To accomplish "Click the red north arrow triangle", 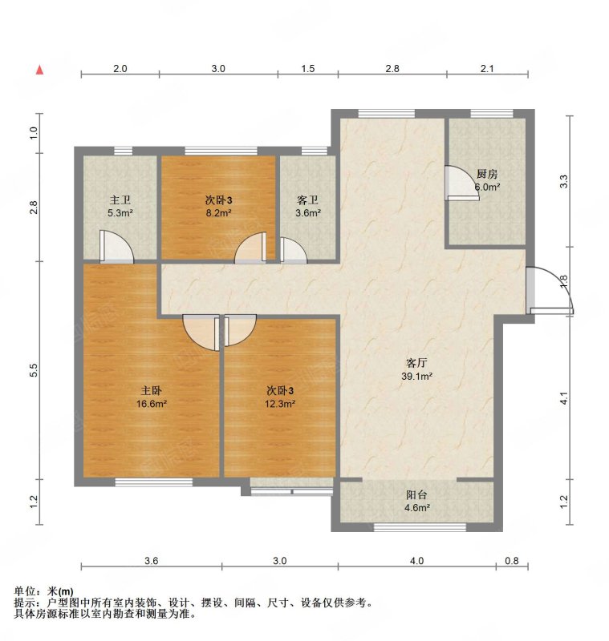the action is (x=39, y=70).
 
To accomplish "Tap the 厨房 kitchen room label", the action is (x=487, y=174).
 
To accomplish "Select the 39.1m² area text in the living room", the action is (x=416, y=377).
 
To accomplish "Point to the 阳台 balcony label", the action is (x=416, y=495).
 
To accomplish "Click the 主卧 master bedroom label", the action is (x=152, y=390).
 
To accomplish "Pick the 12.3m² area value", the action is (x=279, y=404).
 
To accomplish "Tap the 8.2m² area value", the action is (x=218, y=213).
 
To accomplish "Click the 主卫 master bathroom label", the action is (x=120, y=200).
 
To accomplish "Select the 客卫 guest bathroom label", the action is (x=308, y=200).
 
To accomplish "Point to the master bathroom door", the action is (x=116, y=246).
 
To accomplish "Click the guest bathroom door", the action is (x=294, y=250).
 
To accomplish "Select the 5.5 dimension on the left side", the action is (x=34, y=370).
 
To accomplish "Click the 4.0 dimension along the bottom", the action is (x=416, y=561).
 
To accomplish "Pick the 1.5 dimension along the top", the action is (x=308, y=69).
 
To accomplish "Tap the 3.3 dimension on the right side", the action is (x=564, y=181).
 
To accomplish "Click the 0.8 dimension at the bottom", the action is (x=512, y=561).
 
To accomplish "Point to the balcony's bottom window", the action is (x=420, y=528).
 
